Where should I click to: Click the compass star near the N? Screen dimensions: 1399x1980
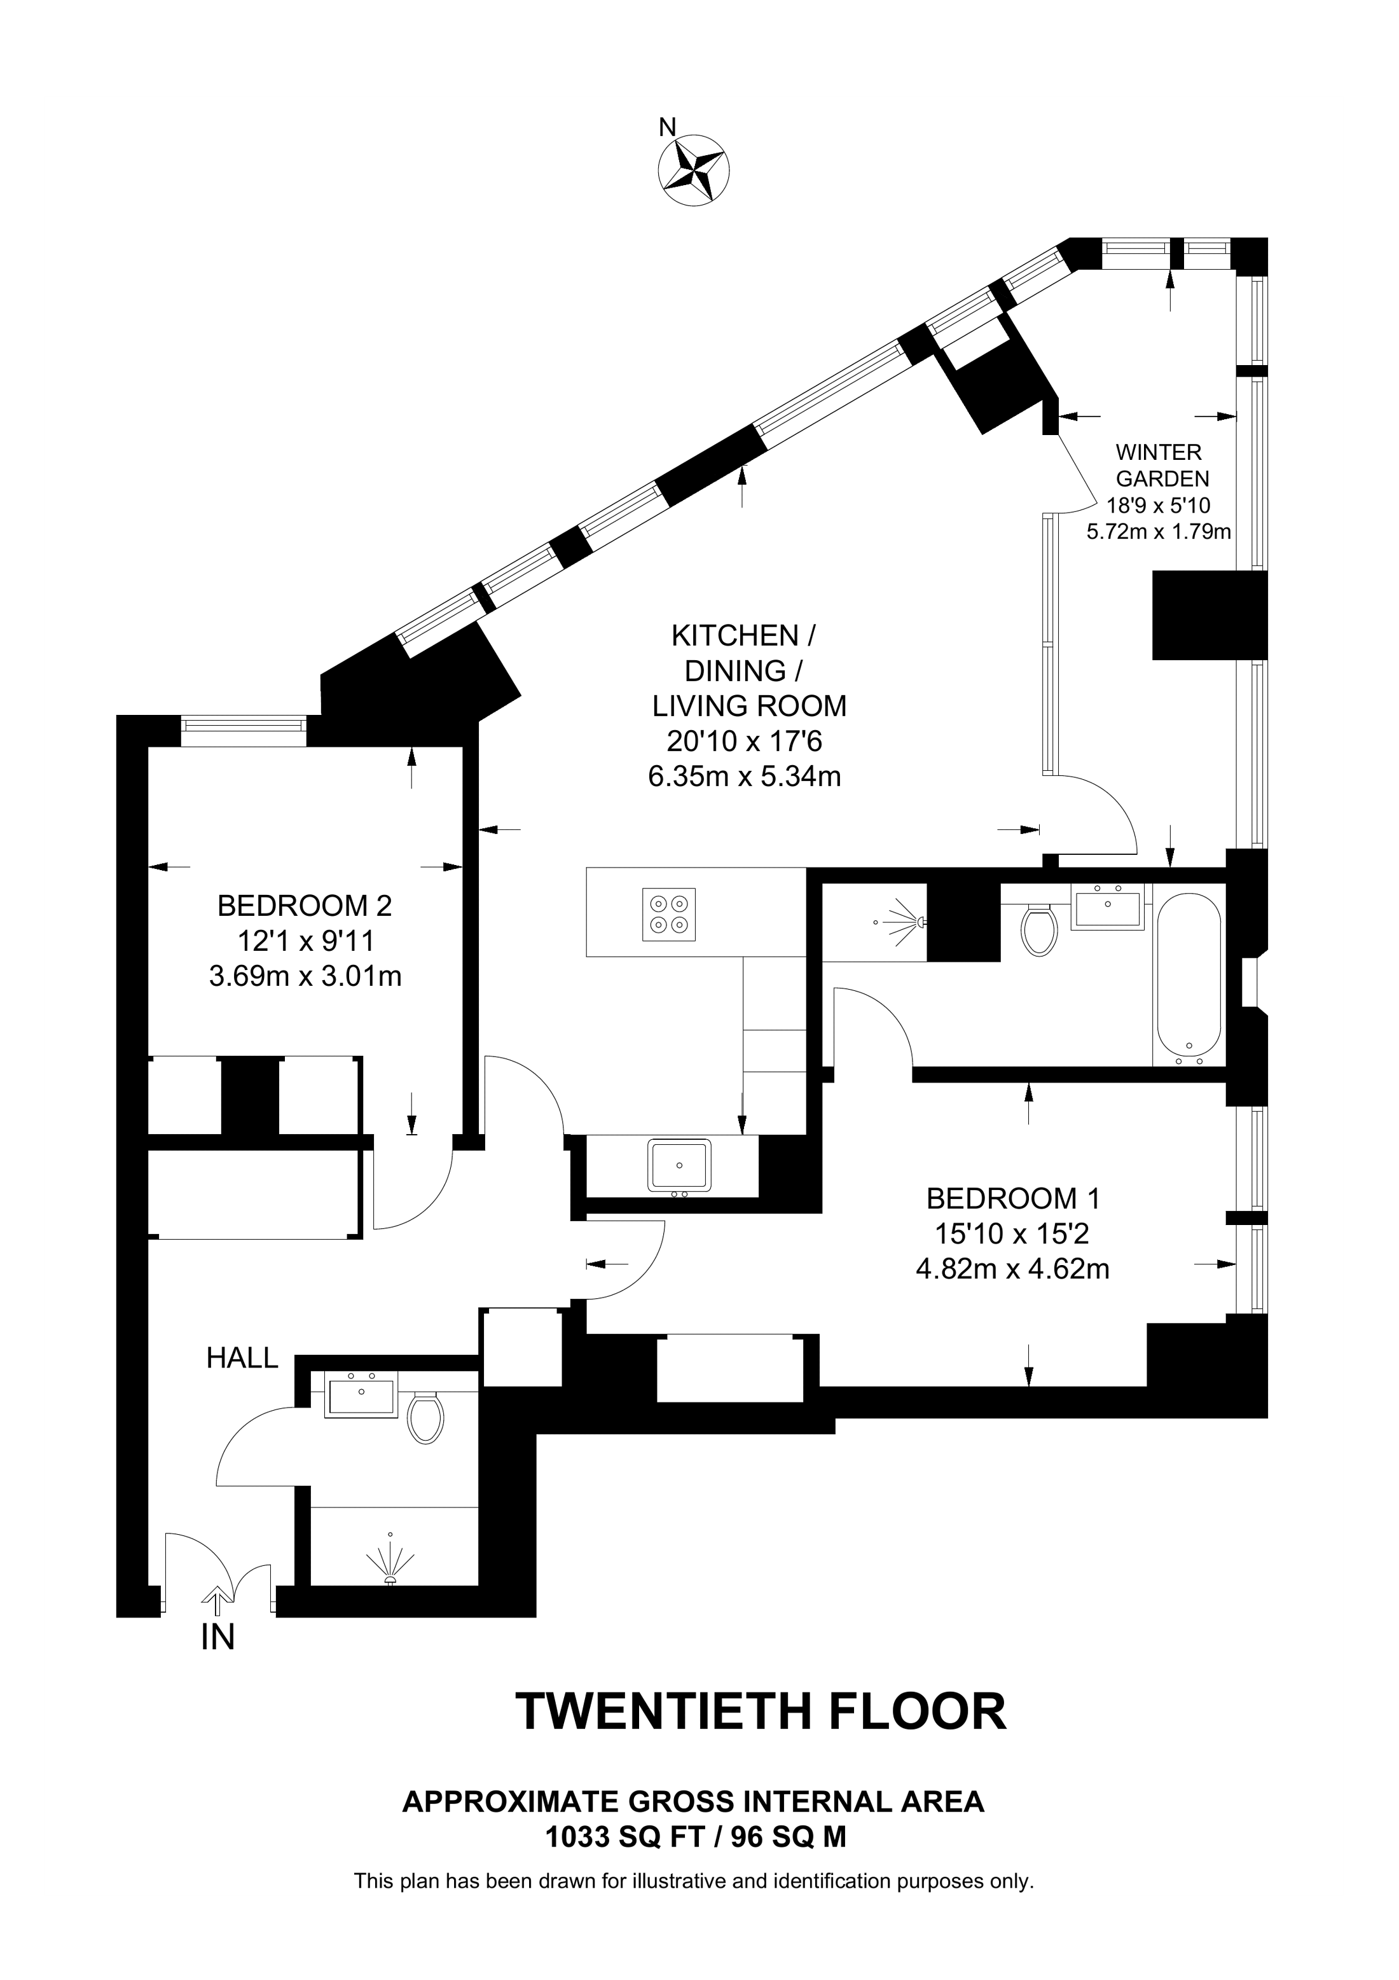pos(694,170)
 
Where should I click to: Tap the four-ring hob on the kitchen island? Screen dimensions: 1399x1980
pos(669,914)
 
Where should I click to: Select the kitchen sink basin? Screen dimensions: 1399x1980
pos(681,1165)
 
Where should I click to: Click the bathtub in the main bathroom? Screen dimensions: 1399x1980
pos(1189,978)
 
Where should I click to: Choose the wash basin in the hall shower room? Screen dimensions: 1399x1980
pos(361,1395)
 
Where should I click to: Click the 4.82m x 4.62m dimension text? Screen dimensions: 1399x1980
pos(1012,1270)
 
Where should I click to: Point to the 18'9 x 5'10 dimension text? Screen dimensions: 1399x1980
pos(1159,506)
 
